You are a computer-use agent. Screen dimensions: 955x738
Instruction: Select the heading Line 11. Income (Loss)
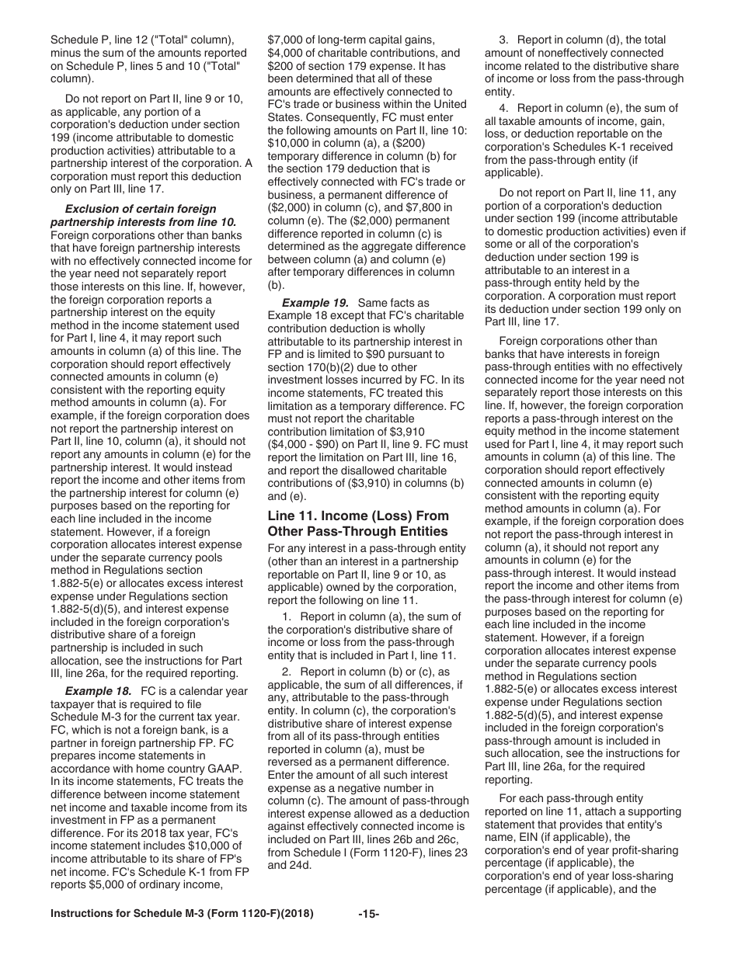point(357,516)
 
